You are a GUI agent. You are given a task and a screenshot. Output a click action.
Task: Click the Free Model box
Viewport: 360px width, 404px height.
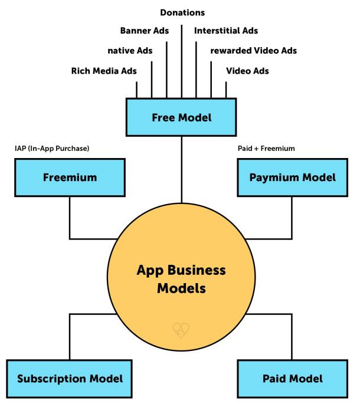pyautogui.click(x=181, y=117)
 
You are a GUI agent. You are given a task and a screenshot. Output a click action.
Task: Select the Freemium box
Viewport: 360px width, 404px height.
pyautogui.click(x=70, y=177)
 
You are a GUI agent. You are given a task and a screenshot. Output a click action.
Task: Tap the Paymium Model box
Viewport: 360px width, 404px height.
pyautogui.click(x=292, y=177)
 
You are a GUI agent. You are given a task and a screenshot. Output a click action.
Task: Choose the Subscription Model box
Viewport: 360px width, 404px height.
pyautogui.click(x=70, y=378)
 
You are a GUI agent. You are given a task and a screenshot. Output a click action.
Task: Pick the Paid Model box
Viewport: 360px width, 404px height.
pyautogui.click(x=292, y=378)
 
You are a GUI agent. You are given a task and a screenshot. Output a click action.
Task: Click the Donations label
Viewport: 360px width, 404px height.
pyautogui.click(x=182, y=12)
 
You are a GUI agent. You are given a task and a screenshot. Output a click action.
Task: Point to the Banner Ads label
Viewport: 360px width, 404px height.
pyautogui.click(x=145, y=30)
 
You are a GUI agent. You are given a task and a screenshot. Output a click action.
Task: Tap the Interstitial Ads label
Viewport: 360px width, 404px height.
pyautogui.click(x=226, y=30)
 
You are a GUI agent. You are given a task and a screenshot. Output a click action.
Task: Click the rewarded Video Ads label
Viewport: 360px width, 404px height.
pyautogui.click(x=253, y=51)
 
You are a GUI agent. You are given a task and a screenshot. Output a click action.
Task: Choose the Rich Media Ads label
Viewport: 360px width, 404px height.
pyautogui.click(x=104, y=71)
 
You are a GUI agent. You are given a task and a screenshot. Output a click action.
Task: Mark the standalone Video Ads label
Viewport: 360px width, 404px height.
pyautogui.click(x=247, y=71)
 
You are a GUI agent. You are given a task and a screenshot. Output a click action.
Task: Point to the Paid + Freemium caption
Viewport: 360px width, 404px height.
pyautogui.click(x=261, y=149)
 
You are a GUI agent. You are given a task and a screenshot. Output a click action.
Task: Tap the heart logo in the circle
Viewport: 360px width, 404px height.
pyautogui.click(x=180, y=330)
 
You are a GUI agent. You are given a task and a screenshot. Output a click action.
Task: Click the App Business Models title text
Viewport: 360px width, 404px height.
pyautogui.click(x=181, y=280)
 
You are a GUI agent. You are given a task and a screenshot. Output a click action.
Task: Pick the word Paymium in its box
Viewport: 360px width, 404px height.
pyautogui.click(x=277, y=177)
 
